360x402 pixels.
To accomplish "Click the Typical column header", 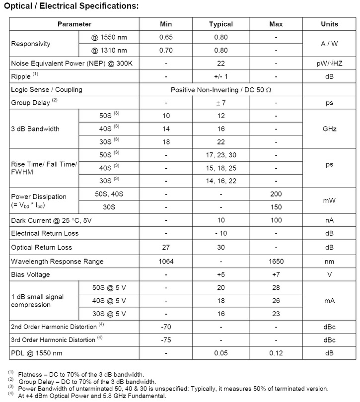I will point(220,24).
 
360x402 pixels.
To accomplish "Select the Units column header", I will point(329,24).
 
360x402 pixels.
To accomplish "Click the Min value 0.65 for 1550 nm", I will point(166,37).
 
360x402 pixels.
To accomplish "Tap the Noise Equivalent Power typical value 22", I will point(220,64).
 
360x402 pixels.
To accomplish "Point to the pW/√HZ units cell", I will point(329,64).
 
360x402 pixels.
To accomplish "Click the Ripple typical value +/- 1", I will point(220,77).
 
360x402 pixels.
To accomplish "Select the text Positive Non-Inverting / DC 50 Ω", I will point(223,90).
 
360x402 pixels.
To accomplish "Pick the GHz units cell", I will point(329,129).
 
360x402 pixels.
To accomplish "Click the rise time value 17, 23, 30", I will point(220,155).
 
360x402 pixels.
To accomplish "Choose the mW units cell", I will point(329,201).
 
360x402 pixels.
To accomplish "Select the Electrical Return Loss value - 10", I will point(220,234).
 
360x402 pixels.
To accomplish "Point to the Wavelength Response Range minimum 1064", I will point(166,261).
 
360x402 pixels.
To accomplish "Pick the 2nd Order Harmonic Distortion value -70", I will point(166,327).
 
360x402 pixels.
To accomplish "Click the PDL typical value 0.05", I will point(220,353).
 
